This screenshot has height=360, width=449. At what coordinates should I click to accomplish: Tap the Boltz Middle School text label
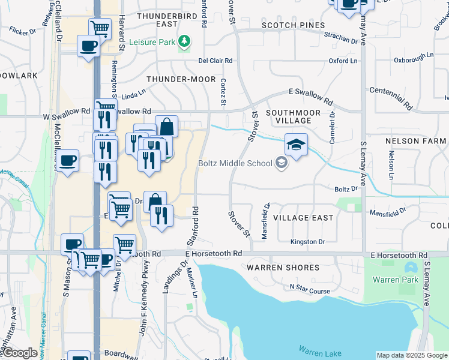(x=236, y=163)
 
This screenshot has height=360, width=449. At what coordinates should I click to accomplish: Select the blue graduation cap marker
(x=296, y=145)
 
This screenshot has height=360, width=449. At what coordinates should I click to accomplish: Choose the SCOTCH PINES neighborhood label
(x=294, y=25)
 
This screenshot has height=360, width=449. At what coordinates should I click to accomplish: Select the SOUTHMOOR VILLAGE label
(x=289, y=116)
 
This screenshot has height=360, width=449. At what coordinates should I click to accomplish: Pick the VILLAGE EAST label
(x=303, y=218)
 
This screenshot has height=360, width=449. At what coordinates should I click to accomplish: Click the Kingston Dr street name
(x=307, y=242)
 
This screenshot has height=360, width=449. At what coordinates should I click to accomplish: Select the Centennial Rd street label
(x=391, y=98)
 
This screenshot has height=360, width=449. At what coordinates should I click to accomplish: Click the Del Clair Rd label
(x=215, y=61)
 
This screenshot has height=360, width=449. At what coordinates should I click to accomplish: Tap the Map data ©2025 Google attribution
(x=411, y=355)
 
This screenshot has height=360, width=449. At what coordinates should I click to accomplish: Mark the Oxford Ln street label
(x=343, y=61)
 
